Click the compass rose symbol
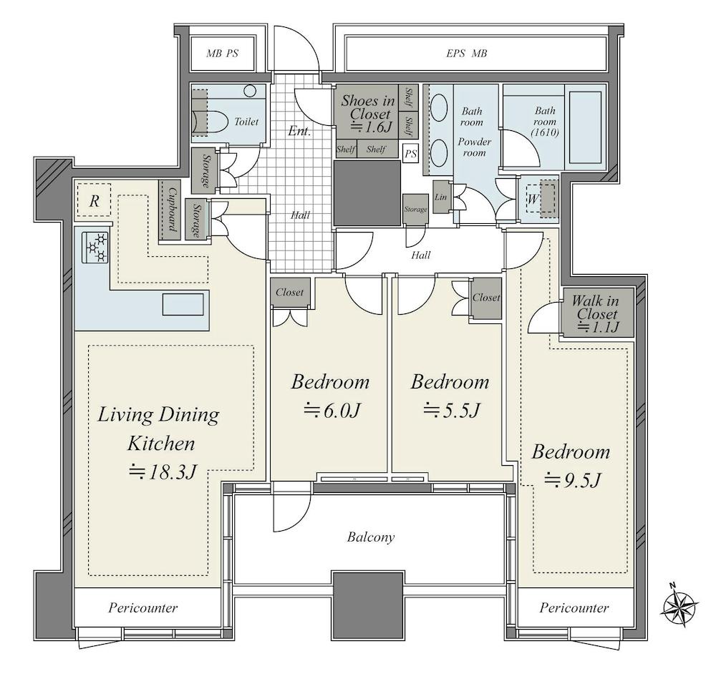(x=679, y=605)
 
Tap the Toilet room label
(x=246, y=122)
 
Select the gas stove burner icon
(x=95, y=247)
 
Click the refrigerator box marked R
(x=94, y=200)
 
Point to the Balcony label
(x=371, y=537)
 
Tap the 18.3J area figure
(x=163, y=472)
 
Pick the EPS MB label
(x=466, y=54)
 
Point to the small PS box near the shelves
(x=410, y=154)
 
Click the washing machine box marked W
(x=541, y=198)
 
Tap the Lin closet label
(x=440, y=197)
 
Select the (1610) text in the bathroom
(x=545, y=133)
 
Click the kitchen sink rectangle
(x=183, y=304)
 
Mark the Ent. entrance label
(x=299, y=132)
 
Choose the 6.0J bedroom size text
(x=333, y=411)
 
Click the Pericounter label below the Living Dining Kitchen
(x=143, y=608)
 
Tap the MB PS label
(x=223, y=54)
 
